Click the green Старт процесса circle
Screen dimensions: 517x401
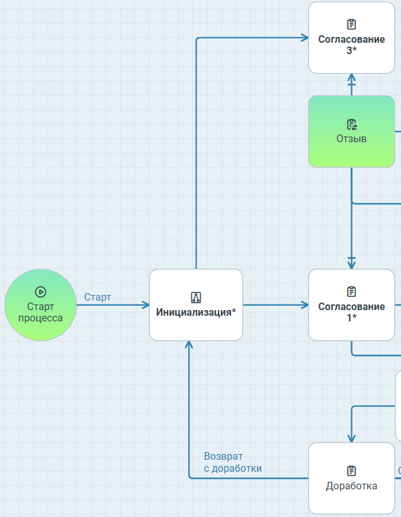pos(40,305)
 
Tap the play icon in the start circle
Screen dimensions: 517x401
pos(40,292)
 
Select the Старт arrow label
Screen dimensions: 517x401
pos(98,297)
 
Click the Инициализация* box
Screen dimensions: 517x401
pos(196,305)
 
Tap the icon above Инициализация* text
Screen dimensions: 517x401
pos(196,297)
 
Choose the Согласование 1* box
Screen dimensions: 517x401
pos(351,305)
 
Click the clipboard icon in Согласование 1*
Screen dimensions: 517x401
pos(351,292)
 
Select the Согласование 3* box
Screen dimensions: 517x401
pos(351,37)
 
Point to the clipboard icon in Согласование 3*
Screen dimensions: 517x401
pos(351,25)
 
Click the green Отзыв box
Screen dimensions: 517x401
pos(351,131)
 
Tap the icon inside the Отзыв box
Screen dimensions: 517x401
pos(351,124)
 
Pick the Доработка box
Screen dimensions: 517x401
pos(351,478)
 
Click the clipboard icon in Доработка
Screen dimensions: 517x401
pos(351,470)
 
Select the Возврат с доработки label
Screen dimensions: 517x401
pos(232,462)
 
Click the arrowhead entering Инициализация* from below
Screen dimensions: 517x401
pos(189,345)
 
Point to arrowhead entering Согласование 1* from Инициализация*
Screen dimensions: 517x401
pos(305,305)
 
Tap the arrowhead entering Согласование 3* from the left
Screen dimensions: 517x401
pos(305,38)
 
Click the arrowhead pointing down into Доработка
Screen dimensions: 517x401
pos(351,439)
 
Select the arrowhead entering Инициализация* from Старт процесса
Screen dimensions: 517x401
pos(145,305)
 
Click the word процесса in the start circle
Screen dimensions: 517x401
pos(40,318)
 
